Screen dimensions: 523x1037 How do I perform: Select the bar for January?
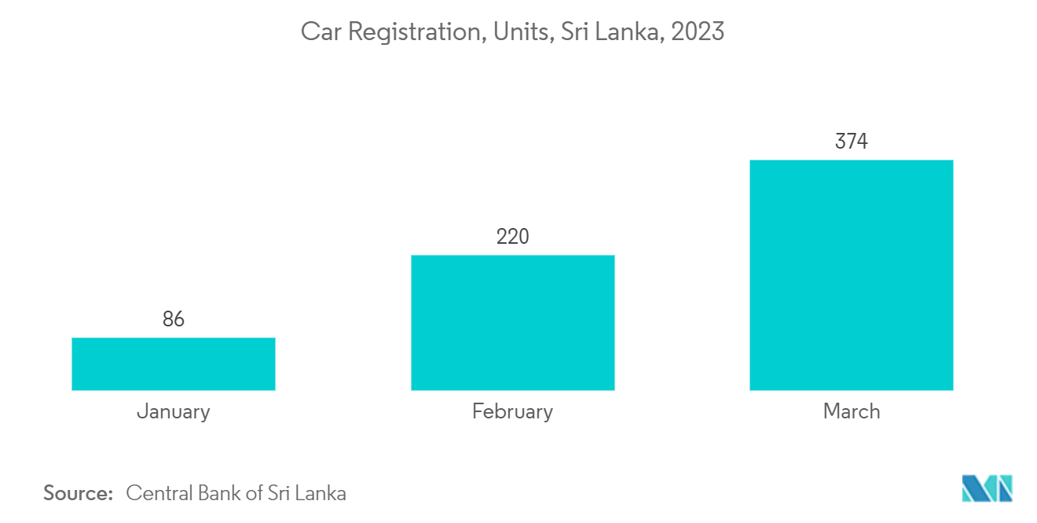coord(174,363)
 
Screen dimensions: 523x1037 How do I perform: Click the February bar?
coord(512,322)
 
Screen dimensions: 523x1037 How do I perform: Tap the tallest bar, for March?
coord(852,274)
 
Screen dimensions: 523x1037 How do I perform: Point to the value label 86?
coord(174,319)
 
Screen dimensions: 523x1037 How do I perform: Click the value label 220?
coord(512,236)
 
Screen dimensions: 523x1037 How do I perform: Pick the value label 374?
coord(852,142)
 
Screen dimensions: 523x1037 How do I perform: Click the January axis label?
coord(174,411)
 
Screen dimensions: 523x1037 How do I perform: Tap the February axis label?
coord(512,411)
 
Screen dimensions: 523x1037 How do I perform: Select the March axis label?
coord(852,411)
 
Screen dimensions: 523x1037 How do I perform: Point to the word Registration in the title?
coord(412,32)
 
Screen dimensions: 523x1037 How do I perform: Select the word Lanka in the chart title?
coord(627,32)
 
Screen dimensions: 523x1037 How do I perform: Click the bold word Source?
coord(79,493)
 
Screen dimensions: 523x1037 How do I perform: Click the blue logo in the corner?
coord(988,488)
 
